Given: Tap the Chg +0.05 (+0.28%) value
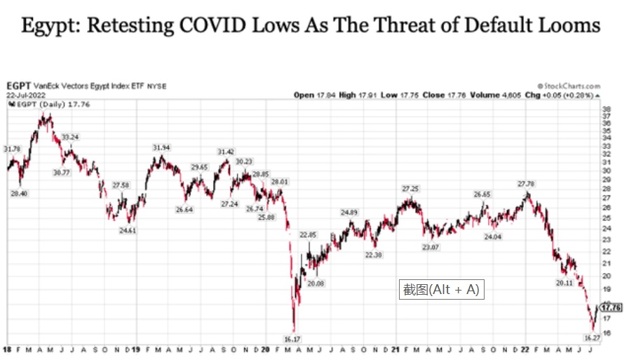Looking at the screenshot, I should tap(560, 95).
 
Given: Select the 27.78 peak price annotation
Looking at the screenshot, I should tap(526, 184).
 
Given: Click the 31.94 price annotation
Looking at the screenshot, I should tap(162, 147).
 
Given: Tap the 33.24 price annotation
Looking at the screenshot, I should tap(70, 137).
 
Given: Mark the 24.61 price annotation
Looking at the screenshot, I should tap(127, 230).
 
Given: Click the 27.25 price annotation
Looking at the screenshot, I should tap(410, 189).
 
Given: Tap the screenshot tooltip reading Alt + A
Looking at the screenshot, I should tap(441, 289).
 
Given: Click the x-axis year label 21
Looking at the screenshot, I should tap(395, 349).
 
